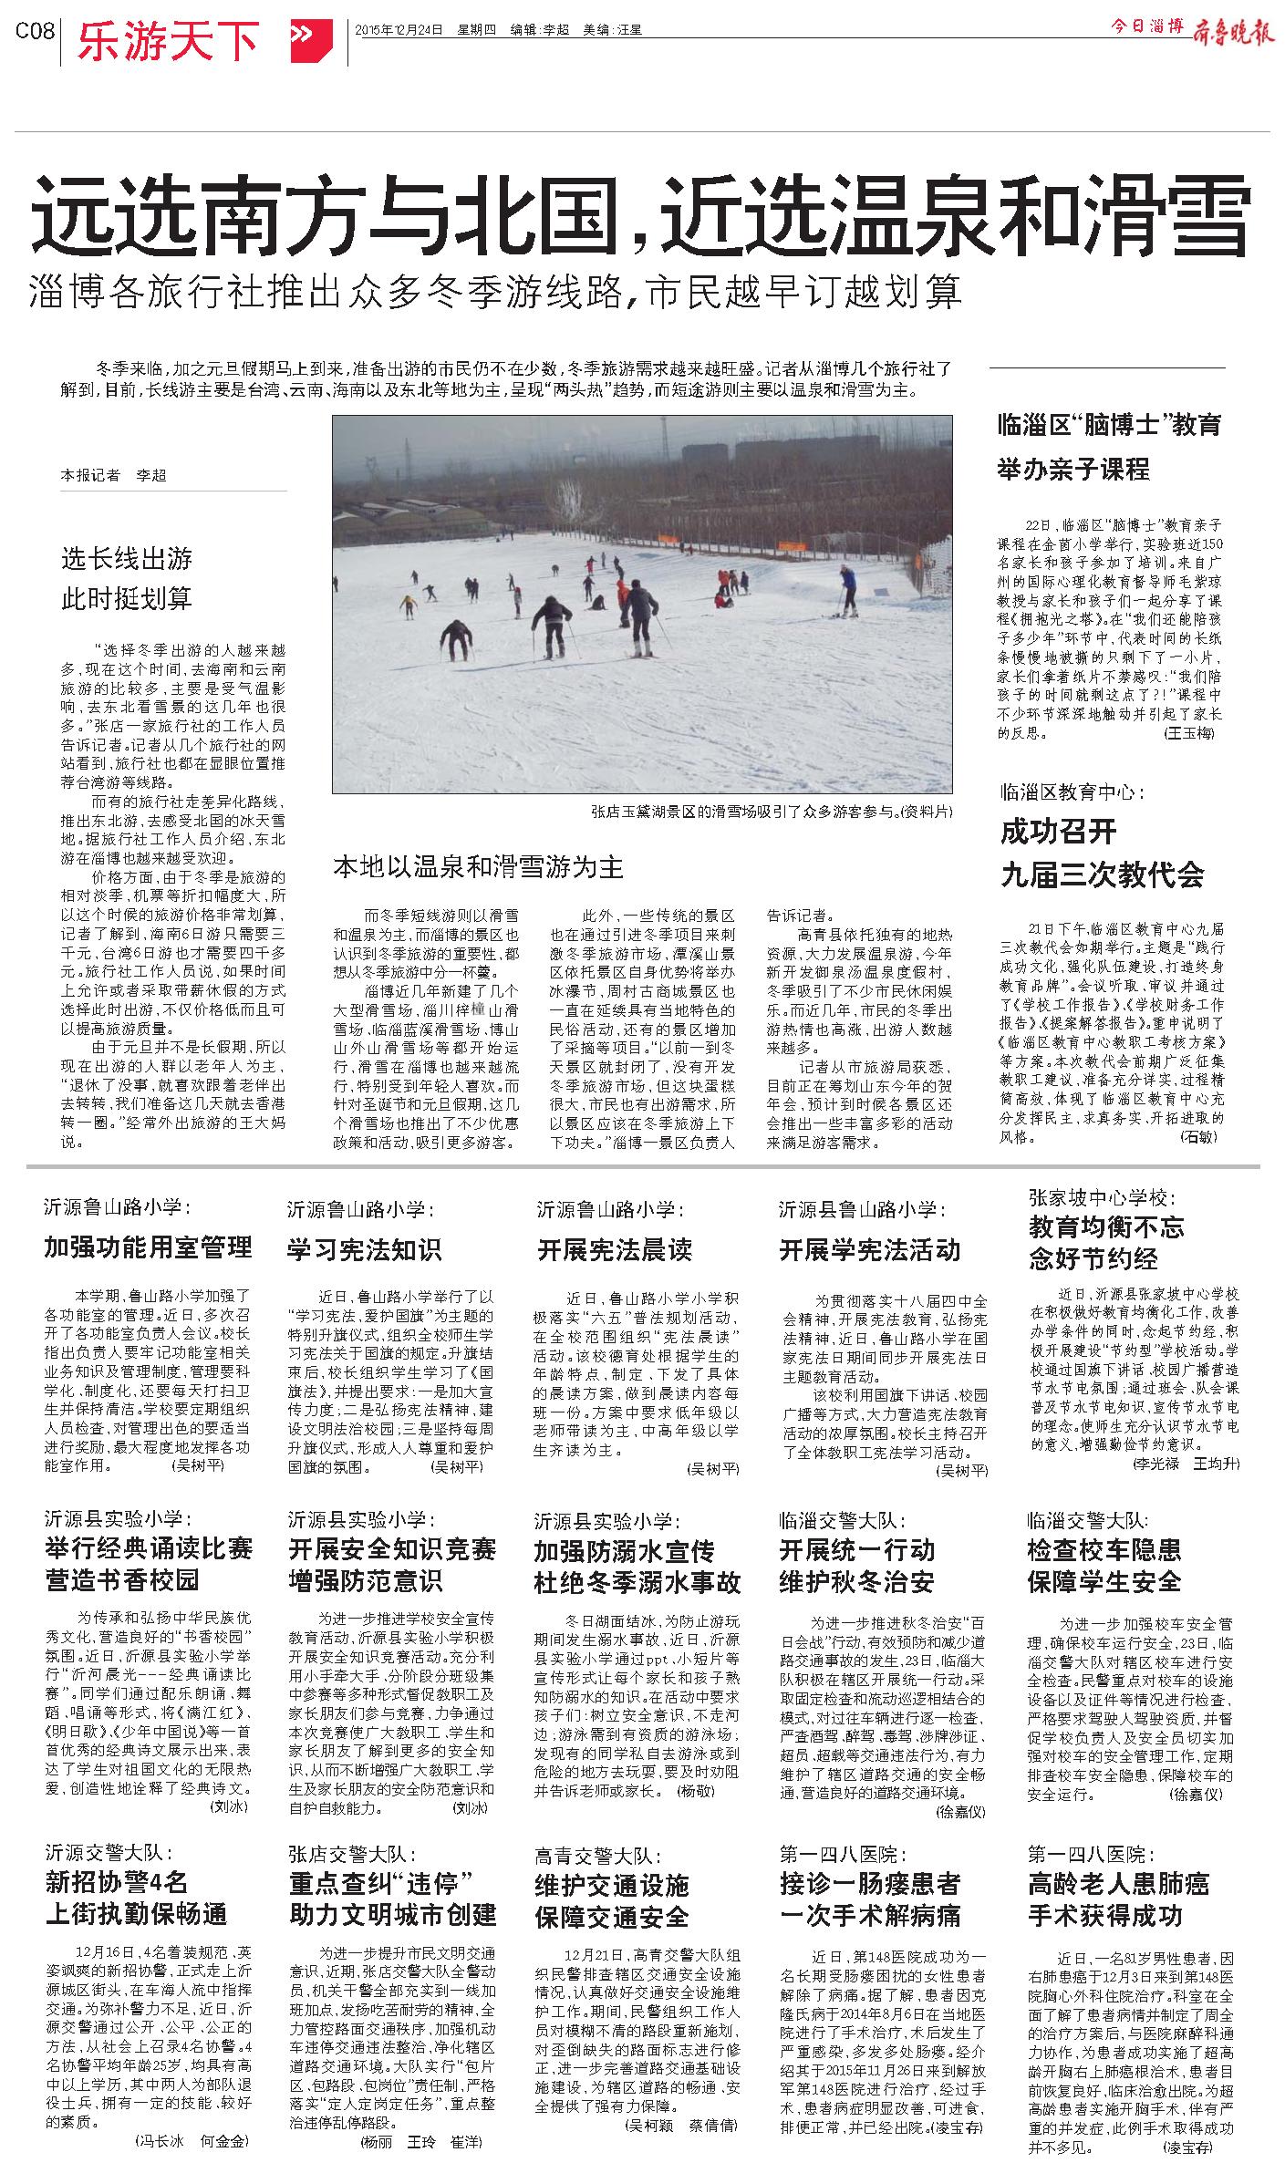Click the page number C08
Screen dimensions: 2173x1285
coord(36,31)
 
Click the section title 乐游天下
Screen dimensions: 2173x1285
coord(168,40)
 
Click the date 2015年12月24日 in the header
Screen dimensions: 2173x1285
coord(399,29)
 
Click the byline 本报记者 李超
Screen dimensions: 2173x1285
coord(114,475)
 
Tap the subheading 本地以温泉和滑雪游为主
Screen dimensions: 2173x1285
coord(478,866)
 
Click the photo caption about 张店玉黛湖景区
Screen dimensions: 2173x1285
coord(770,811)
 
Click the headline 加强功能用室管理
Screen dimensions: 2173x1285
coord(148,1247)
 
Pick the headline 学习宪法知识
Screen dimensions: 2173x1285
coord(364,1248)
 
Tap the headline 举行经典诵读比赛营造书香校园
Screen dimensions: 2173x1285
coord(149,1564)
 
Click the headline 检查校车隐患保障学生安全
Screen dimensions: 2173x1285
coord(1104,1565)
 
